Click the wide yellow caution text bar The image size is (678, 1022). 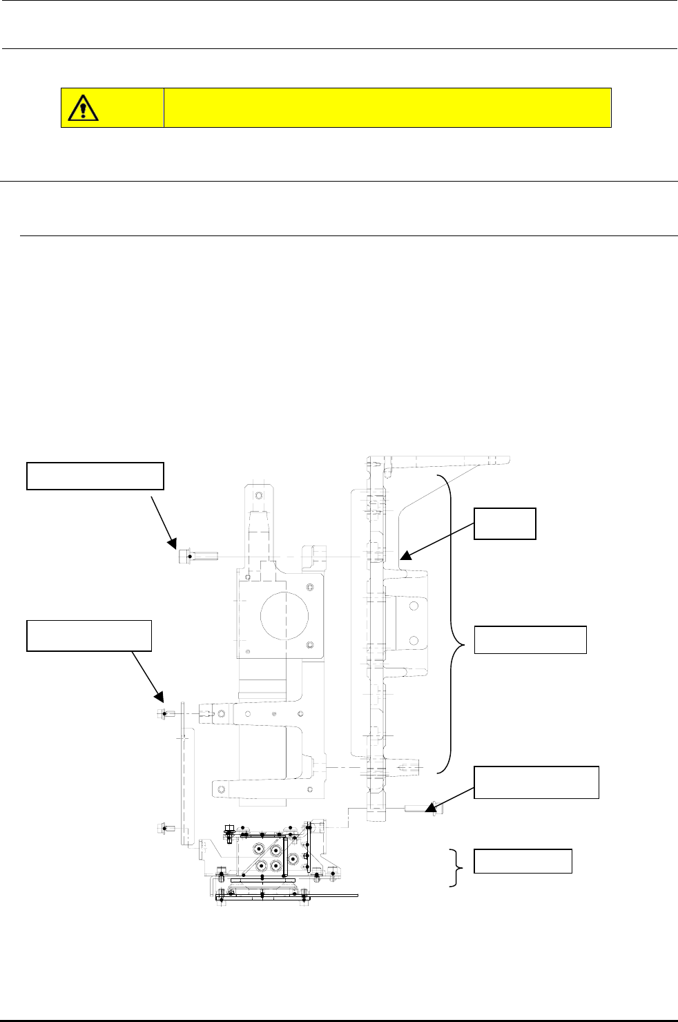coord(387,108)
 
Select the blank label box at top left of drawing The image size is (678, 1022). coord(95,476)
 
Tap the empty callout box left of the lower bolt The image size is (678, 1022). coord(89,635)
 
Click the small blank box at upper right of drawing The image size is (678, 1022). coord(505,523)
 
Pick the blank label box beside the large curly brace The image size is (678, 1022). coord(530,639)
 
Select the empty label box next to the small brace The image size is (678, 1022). coord(523,861)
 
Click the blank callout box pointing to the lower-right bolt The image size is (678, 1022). coord(536,782)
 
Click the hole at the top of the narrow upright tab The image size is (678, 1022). coord(259,495)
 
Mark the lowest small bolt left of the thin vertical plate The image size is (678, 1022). coord(162,827)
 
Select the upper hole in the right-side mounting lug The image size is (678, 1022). coord(414,606)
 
